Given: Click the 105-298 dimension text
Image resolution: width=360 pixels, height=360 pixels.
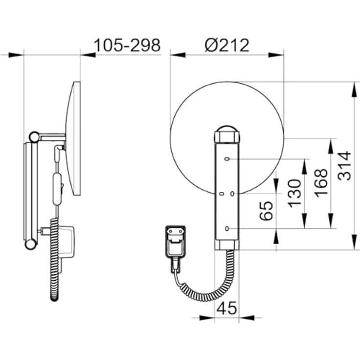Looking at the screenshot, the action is click(127, 45).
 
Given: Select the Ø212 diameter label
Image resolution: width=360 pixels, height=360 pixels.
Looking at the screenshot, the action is click(227, 45).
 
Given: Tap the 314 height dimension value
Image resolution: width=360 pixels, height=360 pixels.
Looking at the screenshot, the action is click(344, 165).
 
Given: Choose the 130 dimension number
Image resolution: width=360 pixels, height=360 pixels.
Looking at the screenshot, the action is click(294, 194).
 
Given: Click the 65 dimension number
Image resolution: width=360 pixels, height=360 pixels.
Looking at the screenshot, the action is click(266, 211).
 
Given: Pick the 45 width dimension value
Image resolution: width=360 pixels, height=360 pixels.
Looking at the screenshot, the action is click(226, 308).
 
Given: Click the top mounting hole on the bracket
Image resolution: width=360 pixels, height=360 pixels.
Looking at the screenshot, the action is click(227, 159).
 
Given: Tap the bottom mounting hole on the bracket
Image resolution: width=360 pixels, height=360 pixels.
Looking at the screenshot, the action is click(227, 228).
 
